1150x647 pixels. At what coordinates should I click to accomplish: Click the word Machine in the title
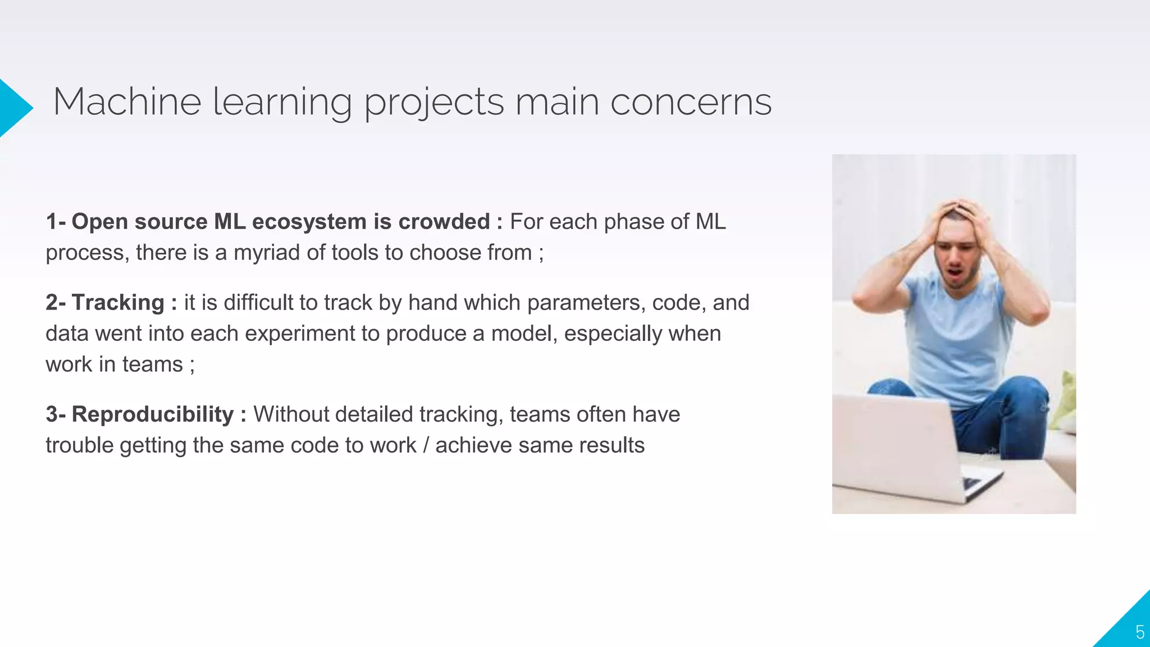[127, 102]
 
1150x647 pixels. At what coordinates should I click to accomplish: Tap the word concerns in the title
[691, 102]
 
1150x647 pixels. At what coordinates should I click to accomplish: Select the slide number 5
[1139, 632]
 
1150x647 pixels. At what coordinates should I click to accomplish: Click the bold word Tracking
[118, 303]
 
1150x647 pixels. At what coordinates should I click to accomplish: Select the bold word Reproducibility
[152, 414]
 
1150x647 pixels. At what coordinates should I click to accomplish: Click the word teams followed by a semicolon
[152, 364]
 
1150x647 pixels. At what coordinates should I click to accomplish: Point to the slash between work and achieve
[426, 445]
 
